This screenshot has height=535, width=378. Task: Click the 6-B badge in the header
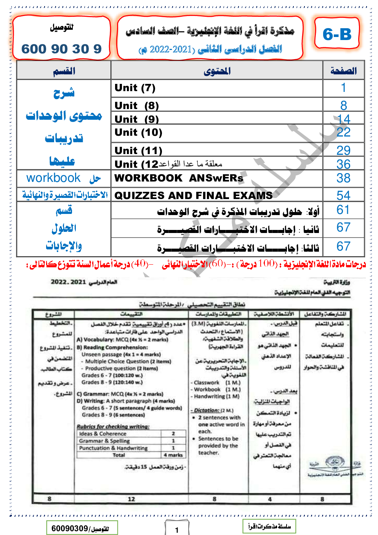pyautogui.click(x=337, y=34)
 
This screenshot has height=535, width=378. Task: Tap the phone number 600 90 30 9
pyautogui.click(x=61, y=49)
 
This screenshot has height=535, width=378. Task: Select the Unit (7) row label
pyautogui.click(x=135, y=88)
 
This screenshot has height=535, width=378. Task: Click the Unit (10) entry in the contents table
pyautogui.click(x=138, y=133)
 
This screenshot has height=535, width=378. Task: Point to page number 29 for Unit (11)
pyautogui.click(x=343, y=150)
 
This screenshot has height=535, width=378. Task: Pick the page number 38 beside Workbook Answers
pyautogui.click(x=343, y=178)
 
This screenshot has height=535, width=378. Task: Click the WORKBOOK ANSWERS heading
pyautogui.click(x=179, y=178)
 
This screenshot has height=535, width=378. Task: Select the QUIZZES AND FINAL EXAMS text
pyautogui.click(x=193, y=196)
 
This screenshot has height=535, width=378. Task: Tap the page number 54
pyautogui.click(x=343, y=196)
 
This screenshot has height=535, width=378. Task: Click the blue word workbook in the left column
pyautogui.click(x=53, y=178)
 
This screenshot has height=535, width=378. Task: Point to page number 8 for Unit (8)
pyautogui.click(x=343, y=105)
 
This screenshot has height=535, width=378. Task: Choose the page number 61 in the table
pyautogui.click(x=343, y=210)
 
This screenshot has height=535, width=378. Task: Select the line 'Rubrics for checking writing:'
pyautogui.click(x=113, y=426)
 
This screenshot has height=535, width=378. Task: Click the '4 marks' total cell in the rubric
pyautogui.click(x=173, y=455)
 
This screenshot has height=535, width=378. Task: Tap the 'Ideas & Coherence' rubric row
pyautogui.click(x=103, y=434)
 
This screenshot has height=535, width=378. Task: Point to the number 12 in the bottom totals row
pyautogui.click(x=131, y=499)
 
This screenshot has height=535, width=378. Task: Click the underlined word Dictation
pyautogui.click(x=206, y=410)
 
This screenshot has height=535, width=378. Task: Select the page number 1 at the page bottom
pyautogui.click(x=177, y=530)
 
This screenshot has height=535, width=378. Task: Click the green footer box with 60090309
pyautogui.click(x=82, y=528)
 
